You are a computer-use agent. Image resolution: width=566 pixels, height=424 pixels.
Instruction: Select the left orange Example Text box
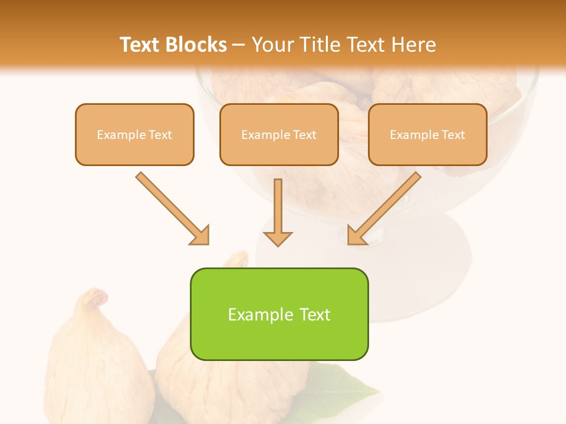pyautogui.click(x=134, y=135)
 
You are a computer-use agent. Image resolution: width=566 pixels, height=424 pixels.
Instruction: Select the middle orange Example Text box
pyautogui.click(x=279, y=135)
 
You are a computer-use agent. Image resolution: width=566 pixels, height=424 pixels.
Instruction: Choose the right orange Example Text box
pyautogui.click(x=427, y=135)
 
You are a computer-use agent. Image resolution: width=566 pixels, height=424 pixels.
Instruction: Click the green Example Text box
pyautogui.click(x=279, y=314)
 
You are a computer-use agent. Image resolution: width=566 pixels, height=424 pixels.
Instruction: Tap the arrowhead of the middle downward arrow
pyautogui.click(x=278, y=238)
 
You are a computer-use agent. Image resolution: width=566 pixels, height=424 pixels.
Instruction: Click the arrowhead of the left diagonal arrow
pyautogui.click(x=200, y=236)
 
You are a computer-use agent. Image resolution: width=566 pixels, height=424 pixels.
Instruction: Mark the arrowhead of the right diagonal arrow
pyautogui.click(x=356, y=236)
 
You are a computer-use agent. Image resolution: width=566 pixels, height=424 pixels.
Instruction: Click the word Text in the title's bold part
pyautogui.click(x=140, y=45)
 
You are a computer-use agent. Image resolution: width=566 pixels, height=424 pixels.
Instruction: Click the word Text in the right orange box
pyautogui.click(x=452, y=135)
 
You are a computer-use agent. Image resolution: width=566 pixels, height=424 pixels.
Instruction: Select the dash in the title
pyautogui.click(x=239, y=45)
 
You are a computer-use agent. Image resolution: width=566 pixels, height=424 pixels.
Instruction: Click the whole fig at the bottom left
pyautogui.click(x=97, y=365)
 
